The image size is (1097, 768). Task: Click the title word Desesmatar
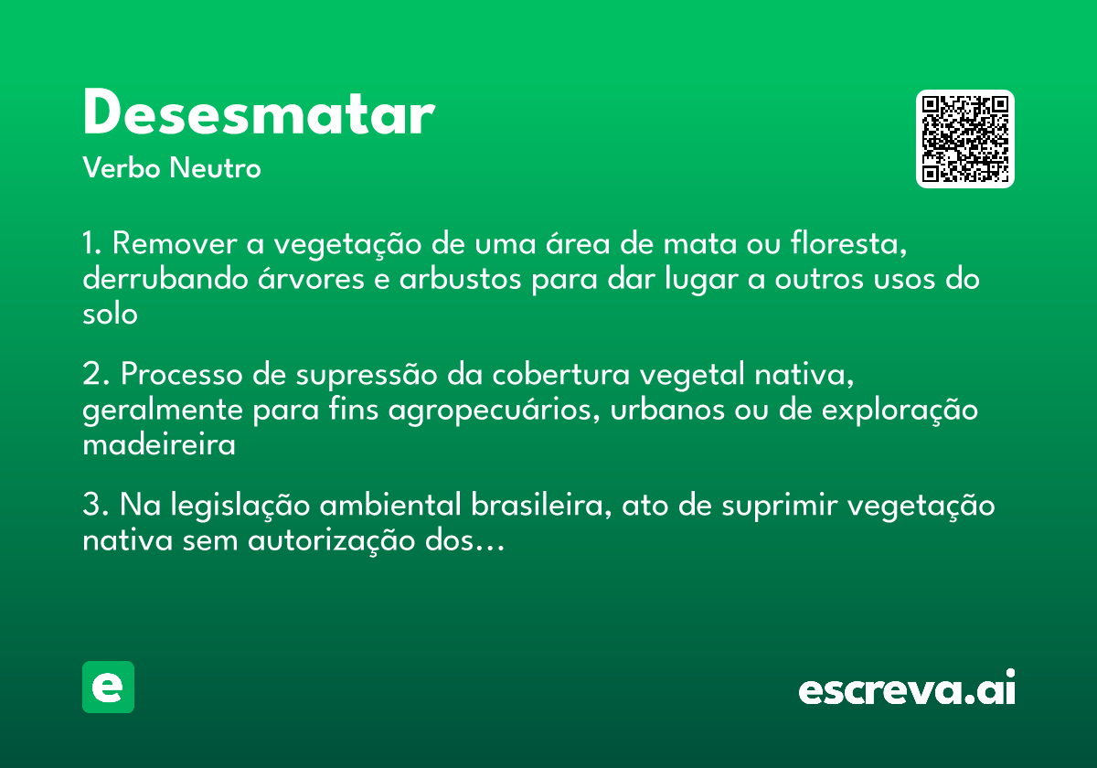tap(258, 115)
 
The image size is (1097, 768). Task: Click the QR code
tap(965, 139)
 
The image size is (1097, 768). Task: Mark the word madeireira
tap(159, 445)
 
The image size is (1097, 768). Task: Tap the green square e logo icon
tap(108, 687)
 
